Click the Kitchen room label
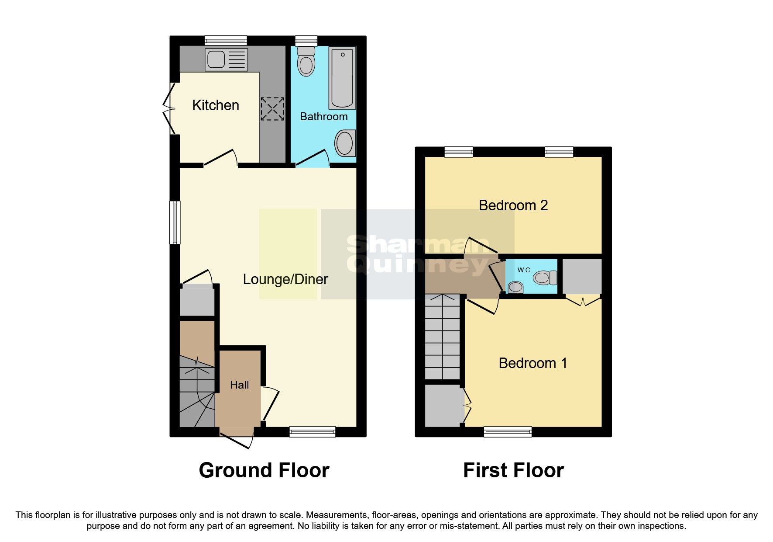(x=216, y=105)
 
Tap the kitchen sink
(x=226, y=60)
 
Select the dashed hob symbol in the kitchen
(x=272, y=109)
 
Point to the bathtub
(x=342, y=77)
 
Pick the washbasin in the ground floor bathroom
(x=345, y=143)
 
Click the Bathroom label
(x=324, y=117)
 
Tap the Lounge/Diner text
(x=285, y=279)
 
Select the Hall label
(x=239, y=385)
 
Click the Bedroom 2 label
(x=513, y=205)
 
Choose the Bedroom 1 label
(x=533, y=363)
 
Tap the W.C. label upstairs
(x=524, y=270)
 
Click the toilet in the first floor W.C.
(x=545, y=278)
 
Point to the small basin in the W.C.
(x=516, y=287)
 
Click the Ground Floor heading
(x=264, y=471)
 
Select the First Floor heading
(x=513, y=471)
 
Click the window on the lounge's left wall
(x=175, y=222)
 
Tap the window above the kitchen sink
(x=226, y=41)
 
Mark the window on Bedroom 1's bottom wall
(x=508, y=432)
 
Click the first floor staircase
(x=443, y=337)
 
